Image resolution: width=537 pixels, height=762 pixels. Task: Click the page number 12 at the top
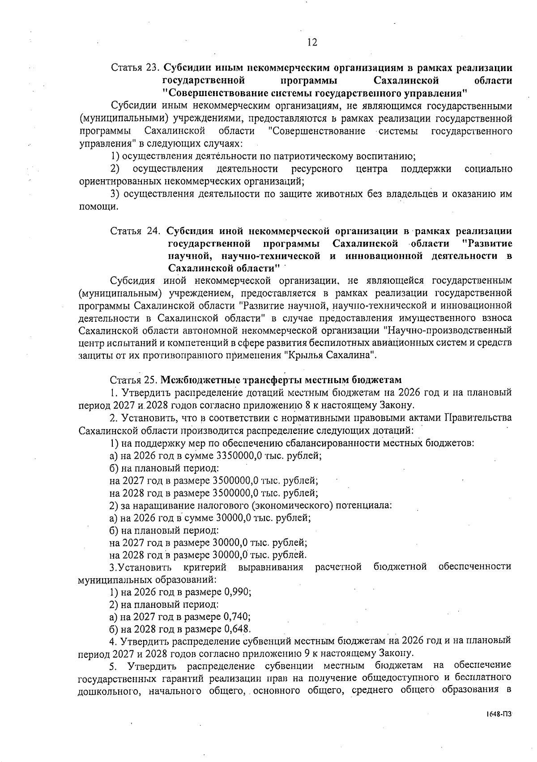point(312,42)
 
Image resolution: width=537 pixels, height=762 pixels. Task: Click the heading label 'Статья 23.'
point(135,68)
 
